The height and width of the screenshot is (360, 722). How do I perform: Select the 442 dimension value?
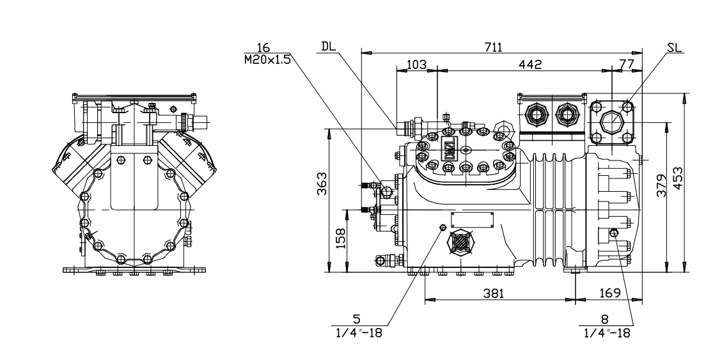coord(530,64)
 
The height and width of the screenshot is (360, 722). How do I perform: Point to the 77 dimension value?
coord(625,64)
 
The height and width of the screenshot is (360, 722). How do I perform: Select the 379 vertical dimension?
coord(663,184)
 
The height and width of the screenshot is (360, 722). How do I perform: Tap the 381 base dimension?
coord(493,293)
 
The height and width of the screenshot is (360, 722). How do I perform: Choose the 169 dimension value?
coord(611,293)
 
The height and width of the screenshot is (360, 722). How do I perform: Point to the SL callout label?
coord(673,47)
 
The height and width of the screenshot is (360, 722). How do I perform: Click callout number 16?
coord(263,48)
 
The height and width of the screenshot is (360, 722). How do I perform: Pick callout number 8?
coord(604,320)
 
